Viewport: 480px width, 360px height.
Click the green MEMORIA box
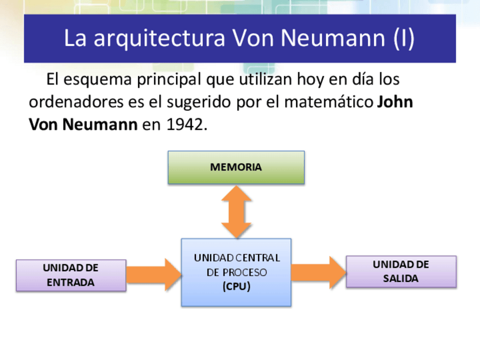236,168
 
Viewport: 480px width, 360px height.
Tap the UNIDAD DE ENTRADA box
71,275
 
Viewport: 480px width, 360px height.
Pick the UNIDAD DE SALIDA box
401,272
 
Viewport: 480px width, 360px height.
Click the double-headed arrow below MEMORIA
236,212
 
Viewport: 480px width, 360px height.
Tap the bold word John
395,102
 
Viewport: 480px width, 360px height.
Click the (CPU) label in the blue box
236,286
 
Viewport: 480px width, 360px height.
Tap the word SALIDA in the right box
401,278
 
